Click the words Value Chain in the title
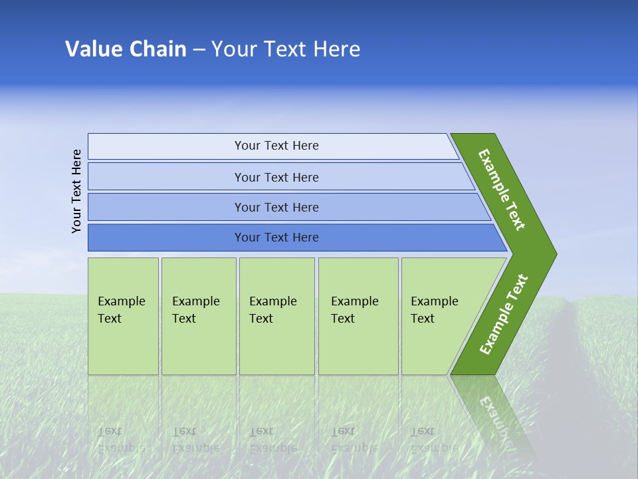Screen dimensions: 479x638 pyautogui.click(x=126, y=49)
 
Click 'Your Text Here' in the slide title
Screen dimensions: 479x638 pyautogui.click(x=286, y=49)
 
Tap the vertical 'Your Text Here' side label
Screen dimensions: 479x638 pyautogui.click(x=77, y=192)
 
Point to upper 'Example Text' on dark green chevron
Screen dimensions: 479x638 pyautogui.click(x=502, y=190)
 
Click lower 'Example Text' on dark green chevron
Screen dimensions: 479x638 pyautogui.click(x=503, y=315)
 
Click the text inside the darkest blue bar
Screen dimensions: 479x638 pyautogui.click(x=276, y=238)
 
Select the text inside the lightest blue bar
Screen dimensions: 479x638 pyautogui.click(x=276, y=146)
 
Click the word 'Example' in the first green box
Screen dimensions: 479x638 pyautogui.click(x=121, y=301)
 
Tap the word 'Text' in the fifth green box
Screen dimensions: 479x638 pyautogui.click(x=422, y=319)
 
